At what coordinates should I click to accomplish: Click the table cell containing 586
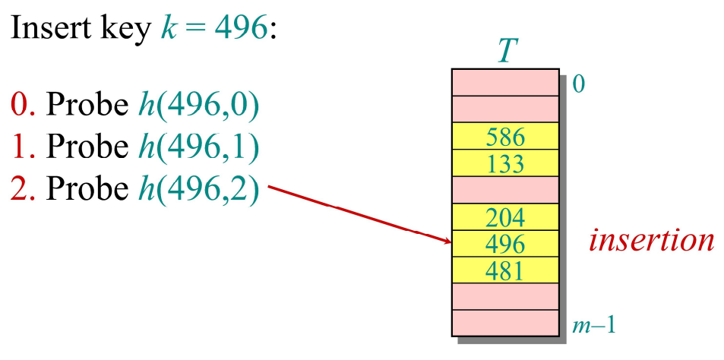point(505,137)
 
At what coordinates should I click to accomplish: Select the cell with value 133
point(505,163)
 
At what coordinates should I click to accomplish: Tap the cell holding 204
point(505,218)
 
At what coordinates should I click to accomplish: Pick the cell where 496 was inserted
point(505,244)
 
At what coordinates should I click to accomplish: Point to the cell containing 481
point(505,270)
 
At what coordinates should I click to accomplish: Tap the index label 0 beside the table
point(578,84)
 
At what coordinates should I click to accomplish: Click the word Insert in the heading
point(46,28)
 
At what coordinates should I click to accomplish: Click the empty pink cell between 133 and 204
point(505,189)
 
